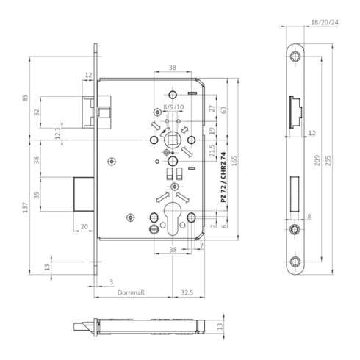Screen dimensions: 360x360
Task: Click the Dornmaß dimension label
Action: tap(132, 293)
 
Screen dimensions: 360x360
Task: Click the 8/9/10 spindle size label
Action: tap(174, 107)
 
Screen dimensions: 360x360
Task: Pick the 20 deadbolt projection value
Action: tap(84, 228)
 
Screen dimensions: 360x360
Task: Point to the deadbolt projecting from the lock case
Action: tap(84, 193)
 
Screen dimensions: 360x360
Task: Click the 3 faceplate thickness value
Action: tap(110, 281)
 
